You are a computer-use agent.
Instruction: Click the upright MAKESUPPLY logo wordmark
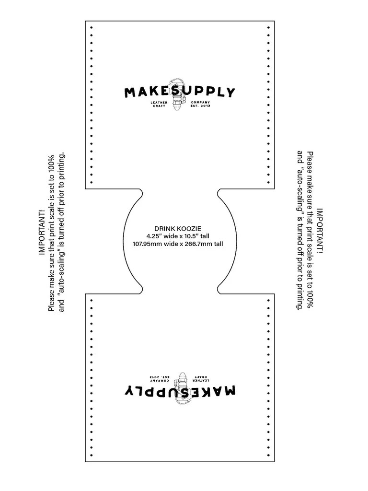point(180,92)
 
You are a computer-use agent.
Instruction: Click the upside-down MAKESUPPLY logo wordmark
point(180,391)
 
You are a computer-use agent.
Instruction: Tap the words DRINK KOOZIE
point(177,229)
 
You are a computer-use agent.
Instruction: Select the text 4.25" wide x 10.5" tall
point(177,236)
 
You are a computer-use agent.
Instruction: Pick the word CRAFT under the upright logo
point(160,106)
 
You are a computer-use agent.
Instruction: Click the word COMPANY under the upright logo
point(200,102)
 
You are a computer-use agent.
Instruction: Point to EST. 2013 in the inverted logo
point(160,377)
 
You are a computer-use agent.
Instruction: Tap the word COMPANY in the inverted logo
point(160,381)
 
